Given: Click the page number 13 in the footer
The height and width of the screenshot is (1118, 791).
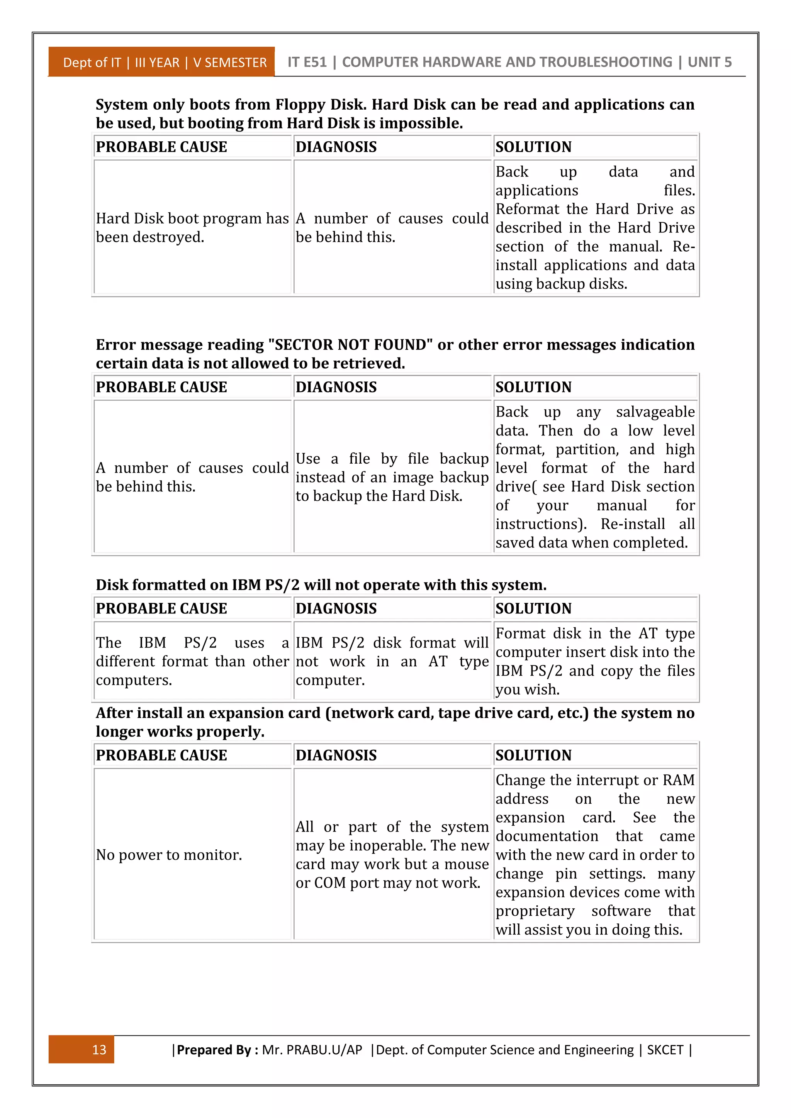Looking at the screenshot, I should tap(99, 1049).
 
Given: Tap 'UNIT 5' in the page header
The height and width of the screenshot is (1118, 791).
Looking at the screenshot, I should tap(709, 62).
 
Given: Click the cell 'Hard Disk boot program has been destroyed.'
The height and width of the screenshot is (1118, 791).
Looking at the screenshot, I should tap(192, 227).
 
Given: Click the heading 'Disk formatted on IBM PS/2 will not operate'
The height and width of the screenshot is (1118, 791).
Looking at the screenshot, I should tap(321, 584).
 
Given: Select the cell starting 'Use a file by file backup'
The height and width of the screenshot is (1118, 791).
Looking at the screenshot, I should tap(392, 477).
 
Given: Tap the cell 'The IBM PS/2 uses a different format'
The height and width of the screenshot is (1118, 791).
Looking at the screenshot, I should tap(192, 661).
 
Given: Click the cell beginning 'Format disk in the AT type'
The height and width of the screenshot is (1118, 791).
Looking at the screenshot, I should tap(595, 661).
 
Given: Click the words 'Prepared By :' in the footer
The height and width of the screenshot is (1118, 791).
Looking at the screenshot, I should tap(217, 1049).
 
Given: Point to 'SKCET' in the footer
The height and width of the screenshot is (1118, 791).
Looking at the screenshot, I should tap(665, 1049).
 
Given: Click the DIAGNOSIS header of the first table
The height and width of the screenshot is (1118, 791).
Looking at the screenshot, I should tap(336, 147).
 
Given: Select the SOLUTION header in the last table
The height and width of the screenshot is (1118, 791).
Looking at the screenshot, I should tap(533, 755).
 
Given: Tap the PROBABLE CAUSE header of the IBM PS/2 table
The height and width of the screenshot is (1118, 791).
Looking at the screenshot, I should tap(161, 608).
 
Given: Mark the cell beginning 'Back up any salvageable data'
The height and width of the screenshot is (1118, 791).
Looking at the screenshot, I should tap(595, 477).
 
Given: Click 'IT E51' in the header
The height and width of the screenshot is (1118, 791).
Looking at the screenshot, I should tap(307, 62).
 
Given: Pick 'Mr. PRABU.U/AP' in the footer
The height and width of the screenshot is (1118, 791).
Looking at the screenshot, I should tap(312, 1049).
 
